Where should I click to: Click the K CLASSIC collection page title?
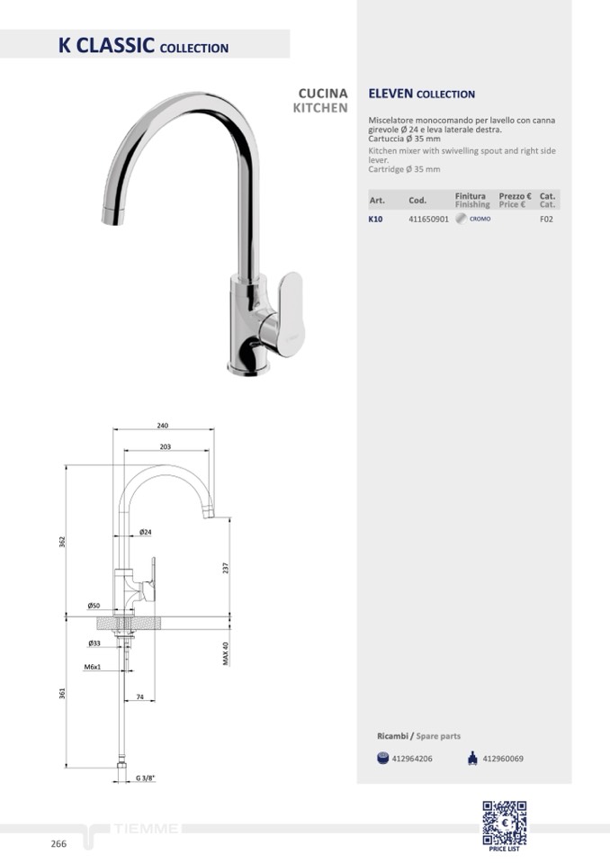143,45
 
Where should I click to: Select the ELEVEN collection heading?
421,94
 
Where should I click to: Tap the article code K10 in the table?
375,219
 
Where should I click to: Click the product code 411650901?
428,219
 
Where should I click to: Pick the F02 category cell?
546,219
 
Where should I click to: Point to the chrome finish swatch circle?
461,219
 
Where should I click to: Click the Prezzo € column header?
515,196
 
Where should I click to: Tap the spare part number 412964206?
412,759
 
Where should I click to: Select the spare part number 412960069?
503,759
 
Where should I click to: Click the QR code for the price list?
505,823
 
